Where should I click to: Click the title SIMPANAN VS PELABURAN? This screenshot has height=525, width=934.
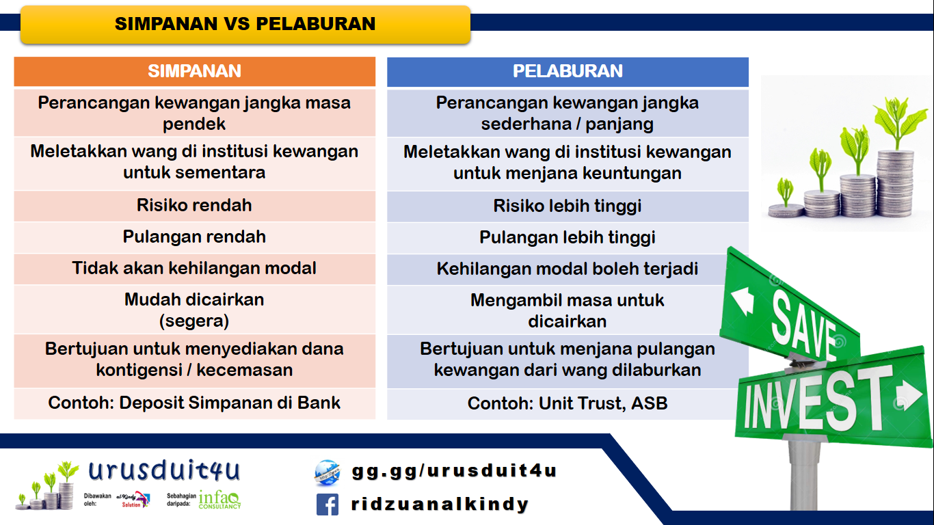[x=245, y=24]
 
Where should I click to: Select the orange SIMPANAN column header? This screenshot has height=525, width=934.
[x=194, y=71]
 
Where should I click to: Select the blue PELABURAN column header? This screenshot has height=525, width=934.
[x=568, y=71]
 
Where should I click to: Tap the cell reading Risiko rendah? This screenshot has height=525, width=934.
[x=194, y=205]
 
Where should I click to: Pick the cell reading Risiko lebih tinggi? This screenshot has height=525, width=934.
[x=568, y=206]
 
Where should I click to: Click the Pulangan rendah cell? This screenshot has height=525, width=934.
[x=194, y=237]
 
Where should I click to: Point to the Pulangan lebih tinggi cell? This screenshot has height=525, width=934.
[x=568, y=237]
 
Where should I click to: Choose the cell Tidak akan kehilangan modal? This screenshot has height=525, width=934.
[x=194, y=268]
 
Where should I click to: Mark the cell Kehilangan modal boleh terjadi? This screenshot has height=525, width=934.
[x=568, y=269]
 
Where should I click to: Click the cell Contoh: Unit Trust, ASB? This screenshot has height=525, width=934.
[x=568, y=403]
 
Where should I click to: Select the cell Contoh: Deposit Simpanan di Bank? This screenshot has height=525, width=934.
[x=194, y=403]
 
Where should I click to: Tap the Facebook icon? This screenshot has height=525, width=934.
[x=328, y=504]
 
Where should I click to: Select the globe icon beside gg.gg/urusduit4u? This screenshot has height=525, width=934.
[x=327, y=472]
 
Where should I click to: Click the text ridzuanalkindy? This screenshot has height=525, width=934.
[x=440, y=504]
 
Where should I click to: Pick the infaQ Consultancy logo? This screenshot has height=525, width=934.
[x=219, y=500]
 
